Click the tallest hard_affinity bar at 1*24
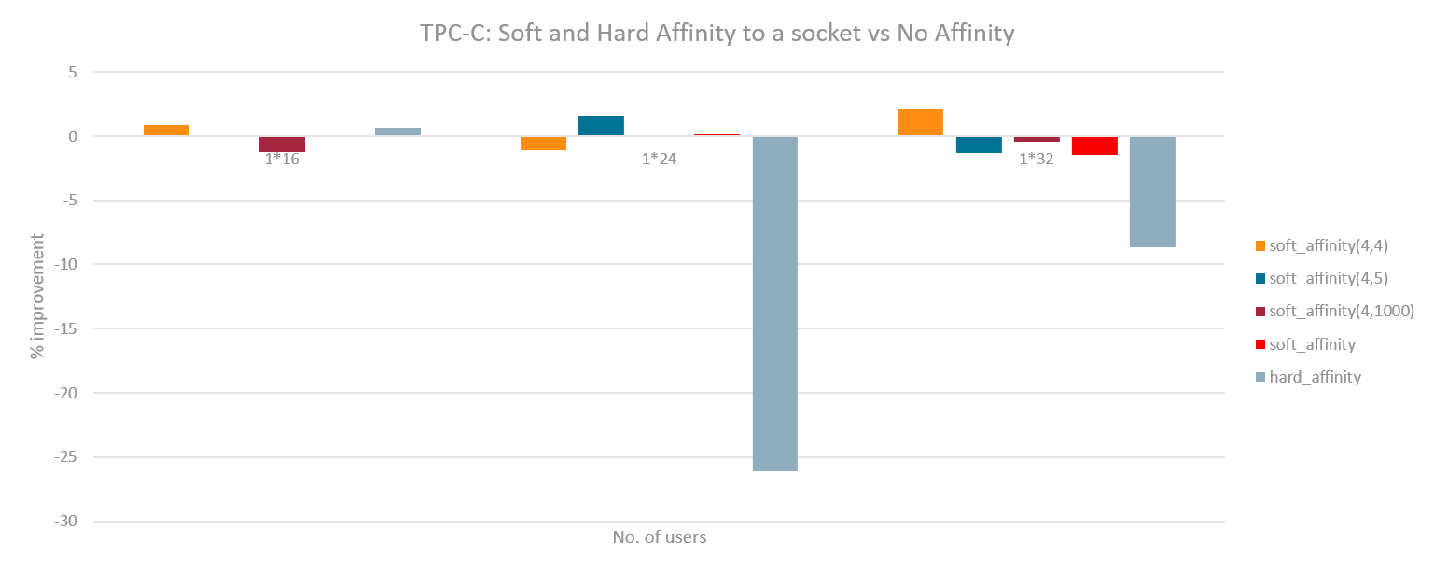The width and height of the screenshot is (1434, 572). tap(774, 303)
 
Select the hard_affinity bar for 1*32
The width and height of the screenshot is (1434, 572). tap(1152, 191)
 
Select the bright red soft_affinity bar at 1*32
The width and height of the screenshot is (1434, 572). tap(1094, 146)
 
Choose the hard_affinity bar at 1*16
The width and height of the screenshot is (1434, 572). tap(397, 132)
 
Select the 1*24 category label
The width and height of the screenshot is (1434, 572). tap(659, 159)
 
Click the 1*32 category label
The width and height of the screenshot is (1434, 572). tap(1036, 159)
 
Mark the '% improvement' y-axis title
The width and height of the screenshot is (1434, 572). tap(37, 297)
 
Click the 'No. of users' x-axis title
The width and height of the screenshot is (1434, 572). tap(659, 537)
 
